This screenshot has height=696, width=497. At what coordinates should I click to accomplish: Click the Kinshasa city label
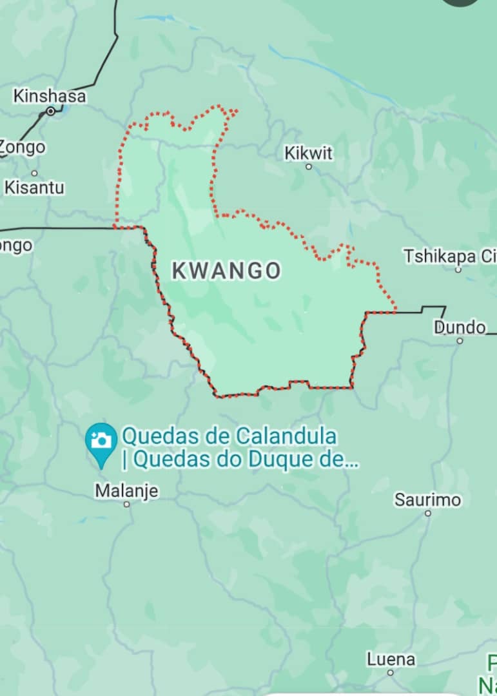[50, 97]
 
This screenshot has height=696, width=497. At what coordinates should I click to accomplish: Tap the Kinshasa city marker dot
[50, 111]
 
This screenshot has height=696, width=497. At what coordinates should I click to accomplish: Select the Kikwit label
[309, 153]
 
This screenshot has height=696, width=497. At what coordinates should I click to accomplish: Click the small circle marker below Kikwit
[309, 167]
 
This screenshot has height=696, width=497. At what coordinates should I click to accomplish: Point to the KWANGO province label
[226, 271]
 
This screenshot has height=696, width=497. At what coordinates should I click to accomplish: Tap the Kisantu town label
[34, 188]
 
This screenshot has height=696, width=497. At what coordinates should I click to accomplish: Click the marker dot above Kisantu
[34, 173]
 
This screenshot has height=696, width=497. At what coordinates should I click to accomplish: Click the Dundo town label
[460, 327]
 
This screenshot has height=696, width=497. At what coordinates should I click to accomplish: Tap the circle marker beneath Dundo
[460, 340]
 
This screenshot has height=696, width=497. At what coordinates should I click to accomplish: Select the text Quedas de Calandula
[229, 437]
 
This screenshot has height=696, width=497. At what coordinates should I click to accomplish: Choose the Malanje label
[126, 491]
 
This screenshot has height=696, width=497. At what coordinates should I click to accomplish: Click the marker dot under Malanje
[126, 504]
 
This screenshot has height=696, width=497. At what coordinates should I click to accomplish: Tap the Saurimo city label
[428, 499]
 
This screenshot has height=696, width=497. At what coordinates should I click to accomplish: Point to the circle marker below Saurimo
[428, 513]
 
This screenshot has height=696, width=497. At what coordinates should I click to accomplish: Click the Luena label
[391, 659]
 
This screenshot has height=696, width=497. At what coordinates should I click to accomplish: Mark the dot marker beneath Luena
[391, 672]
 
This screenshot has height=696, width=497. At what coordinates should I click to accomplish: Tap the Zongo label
[23, 147]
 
